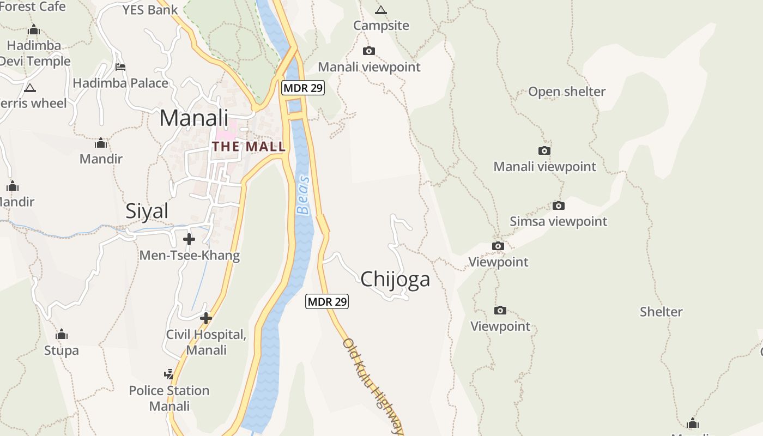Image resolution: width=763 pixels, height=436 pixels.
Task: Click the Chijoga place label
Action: [395, 279]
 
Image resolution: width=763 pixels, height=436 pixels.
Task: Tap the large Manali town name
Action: [194, 118]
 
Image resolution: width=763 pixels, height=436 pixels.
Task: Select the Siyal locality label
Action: [147, 211]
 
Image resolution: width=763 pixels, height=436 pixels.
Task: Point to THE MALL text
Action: [249, 146]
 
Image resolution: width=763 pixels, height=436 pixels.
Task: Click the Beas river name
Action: [303, 195]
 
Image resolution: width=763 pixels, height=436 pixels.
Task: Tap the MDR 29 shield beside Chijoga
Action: [326, 301]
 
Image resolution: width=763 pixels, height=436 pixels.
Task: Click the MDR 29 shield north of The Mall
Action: [303, 88]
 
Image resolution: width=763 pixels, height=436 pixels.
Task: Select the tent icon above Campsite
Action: [381, 10]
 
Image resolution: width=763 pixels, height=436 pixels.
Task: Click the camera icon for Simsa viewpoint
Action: [558, 205]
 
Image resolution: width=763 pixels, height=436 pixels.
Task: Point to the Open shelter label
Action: [567, 92]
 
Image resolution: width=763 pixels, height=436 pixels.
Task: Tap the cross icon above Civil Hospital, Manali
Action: [206, 318]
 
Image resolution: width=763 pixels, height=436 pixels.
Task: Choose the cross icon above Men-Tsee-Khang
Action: [189, 239]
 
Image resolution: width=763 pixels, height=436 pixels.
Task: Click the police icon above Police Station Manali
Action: [169, 374]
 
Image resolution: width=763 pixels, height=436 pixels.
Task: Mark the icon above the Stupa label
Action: [62, 334]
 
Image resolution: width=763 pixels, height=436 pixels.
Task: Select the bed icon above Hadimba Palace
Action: [120, 66]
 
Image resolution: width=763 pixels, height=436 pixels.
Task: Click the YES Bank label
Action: [150, 10]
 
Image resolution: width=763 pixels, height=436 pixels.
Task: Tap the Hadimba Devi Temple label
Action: [34, 53]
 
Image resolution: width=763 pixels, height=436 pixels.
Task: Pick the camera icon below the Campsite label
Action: [369, 51]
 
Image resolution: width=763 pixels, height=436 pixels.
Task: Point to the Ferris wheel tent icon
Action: [30, 87]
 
